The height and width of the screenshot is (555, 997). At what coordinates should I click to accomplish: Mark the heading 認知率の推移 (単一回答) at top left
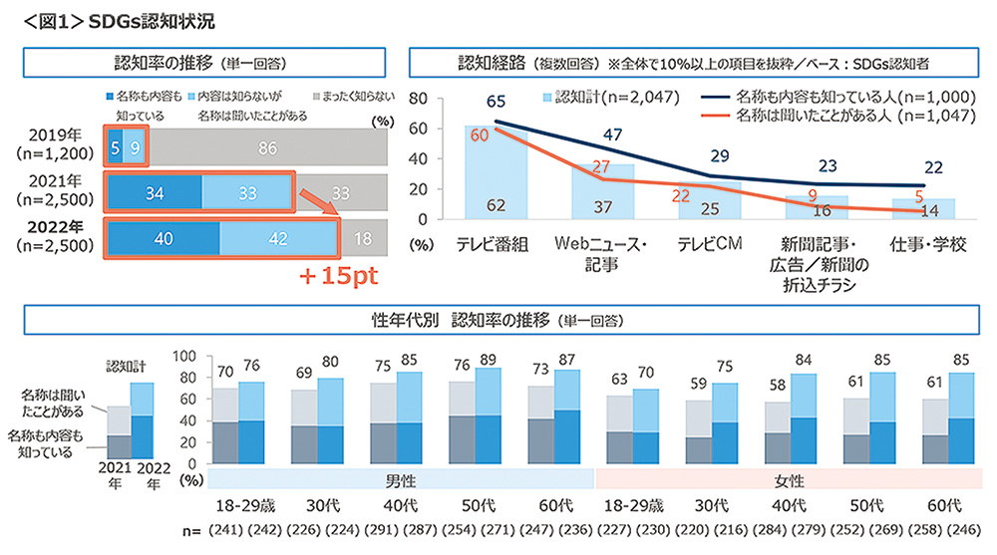point(201,63)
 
